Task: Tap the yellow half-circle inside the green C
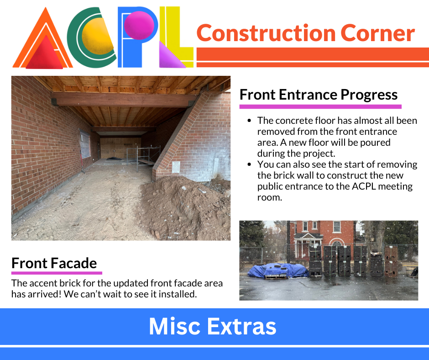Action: (x=97, y=36)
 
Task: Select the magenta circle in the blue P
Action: (x=139, y=25)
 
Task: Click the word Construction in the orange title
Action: (x=266, y=33)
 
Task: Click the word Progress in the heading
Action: (x=369, y=95)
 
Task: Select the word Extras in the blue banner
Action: (x=242, y=326)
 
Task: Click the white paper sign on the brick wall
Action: (x=176, y=167)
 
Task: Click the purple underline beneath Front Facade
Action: (x=57, y=273)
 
